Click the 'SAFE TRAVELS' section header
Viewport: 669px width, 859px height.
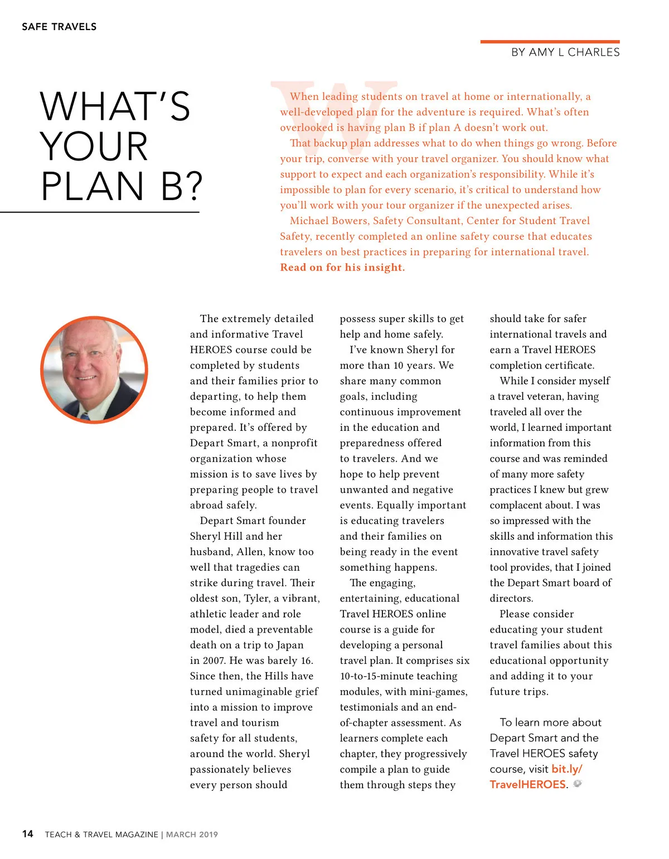coord(59,27)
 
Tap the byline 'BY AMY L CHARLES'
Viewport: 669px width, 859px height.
coord(565,52)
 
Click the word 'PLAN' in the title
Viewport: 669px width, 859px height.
coord(93,186)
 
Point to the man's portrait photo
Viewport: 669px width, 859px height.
coord(94,370)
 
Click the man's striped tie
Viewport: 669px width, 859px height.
coord(85,415)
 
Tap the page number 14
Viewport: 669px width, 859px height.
coord(27,834)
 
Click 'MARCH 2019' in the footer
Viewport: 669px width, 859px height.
coord(192,834)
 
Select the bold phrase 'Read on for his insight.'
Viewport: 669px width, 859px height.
coord(342,268)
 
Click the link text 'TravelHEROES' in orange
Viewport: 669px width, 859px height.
coord(527,784)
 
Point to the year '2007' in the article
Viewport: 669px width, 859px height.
coord(214,661)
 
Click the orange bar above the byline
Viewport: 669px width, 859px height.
coord(550,42)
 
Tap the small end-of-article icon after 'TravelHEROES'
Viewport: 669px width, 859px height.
coord(578,784)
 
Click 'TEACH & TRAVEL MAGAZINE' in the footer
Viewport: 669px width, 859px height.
coord(101,834)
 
